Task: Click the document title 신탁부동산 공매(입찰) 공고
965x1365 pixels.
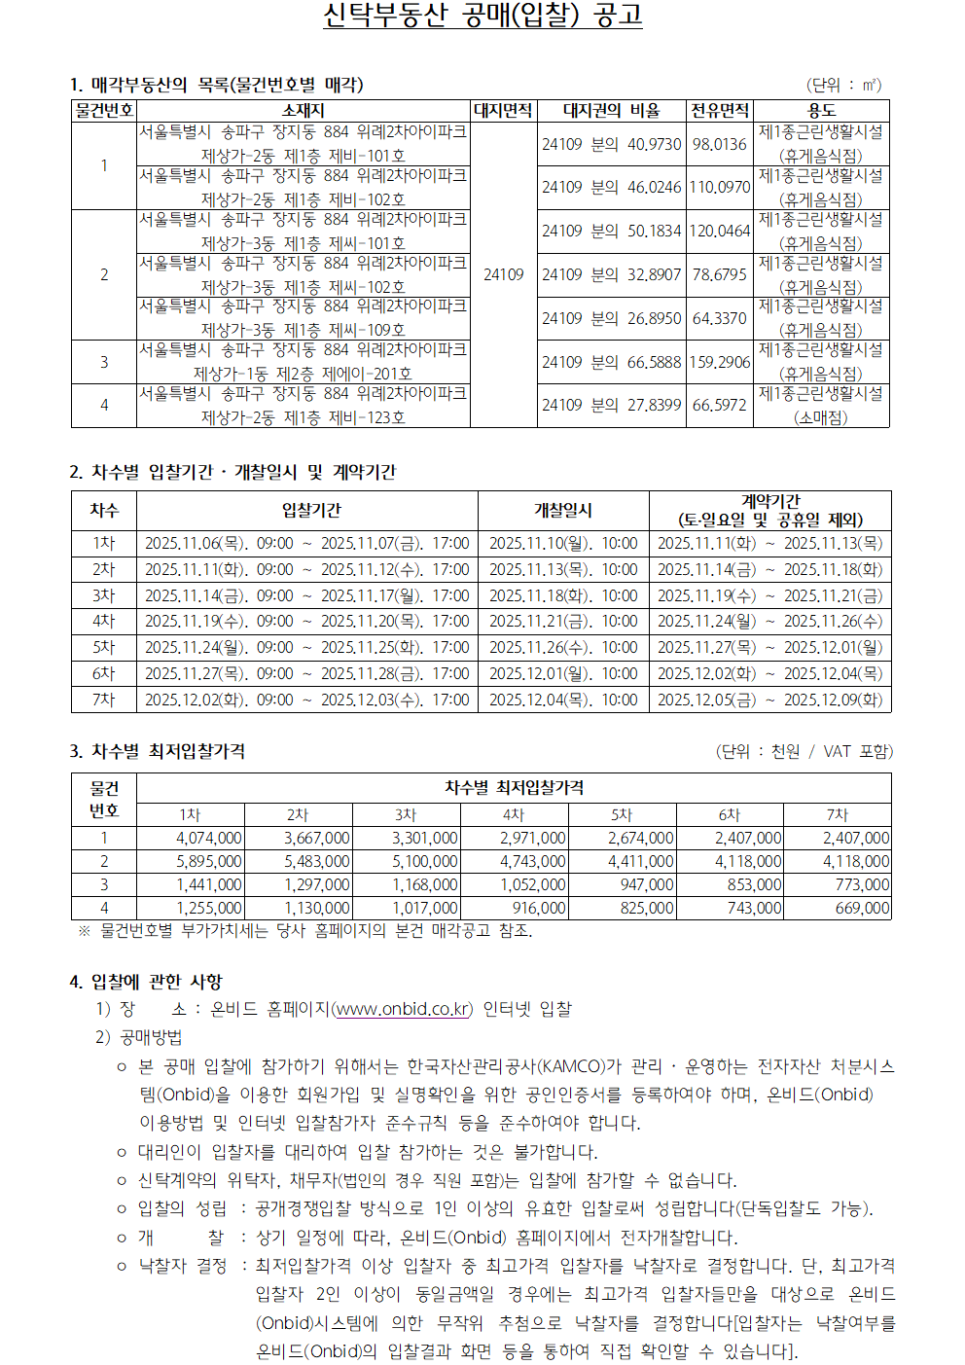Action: (x=482, y=16)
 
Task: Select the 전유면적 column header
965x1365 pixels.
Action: (x=720, y=111)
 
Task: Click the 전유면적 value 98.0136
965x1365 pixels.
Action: (x=720, y=144)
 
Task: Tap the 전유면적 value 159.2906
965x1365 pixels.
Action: (x=720, y=362)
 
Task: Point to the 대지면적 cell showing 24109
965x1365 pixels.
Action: (x=504, y=274)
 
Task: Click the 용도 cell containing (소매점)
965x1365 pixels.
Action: (x=821, y=417)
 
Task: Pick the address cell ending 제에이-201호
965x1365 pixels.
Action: (x=303, y=374)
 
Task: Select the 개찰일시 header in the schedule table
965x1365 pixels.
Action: (x=562, y=510)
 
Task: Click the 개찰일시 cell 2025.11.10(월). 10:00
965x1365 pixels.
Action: (x=563, y=543)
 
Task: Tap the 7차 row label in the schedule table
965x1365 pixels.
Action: (x=103, y=700)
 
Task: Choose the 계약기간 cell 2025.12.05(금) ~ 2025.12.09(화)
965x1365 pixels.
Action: (x=769, y=700)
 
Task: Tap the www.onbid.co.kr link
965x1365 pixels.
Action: (x=403, y=1009)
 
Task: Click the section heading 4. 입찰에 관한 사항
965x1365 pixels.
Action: (x=146, y=982)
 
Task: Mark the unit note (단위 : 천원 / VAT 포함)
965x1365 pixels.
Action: (x=804, y=751)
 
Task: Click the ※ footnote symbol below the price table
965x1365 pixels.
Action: (x=85, y=931)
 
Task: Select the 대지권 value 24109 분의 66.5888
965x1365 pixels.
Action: (x=611, y=362)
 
